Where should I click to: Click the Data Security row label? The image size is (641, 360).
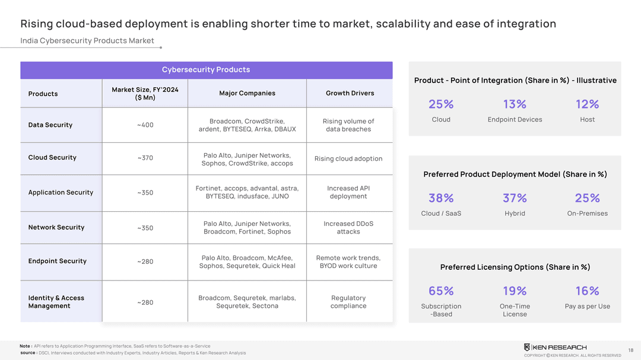[50, 125]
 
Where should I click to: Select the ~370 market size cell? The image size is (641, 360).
[145, 158]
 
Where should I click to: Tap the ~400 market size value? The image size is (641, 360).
[145, 125]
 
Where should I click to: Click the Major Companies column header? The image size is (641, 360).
[247, 93]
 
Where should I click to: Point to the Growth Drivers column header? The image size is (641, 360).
[350, 93]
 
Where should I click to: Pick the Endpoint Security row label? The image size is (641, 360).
[57, 262]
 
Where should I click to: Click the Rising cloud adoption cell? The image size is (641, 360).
[348, 159]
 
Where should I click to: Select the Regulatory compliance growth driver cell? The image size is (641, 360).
[348, 302]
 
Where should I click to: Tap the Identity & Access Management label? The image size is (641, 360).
[56, 302]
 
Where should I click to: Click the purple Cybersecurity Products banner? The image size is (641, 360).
[206, 70]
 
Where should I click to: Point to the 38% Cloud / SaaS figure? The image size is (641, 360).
[441, 198]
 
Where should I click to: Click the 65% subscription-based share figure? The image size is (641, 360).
[441, 291]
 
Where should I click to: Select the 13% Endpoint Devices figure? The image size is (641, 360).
[515, 104]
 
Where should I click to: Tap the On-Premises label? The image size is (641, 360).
[587, 214]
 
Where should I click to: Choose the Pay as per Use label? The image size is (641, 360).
[587, 307]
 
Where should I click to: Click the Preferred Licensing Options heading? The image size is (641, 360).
[515, 267]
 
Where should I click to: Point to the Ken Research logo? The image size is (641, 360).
[555, 347]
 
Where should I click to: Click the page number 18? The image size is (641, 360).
[630, 351]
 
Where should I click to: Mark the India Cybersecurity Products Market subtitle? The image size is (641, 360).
[87, 41]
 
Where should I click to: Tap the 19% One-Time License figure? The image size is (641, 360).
[515, 291]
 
